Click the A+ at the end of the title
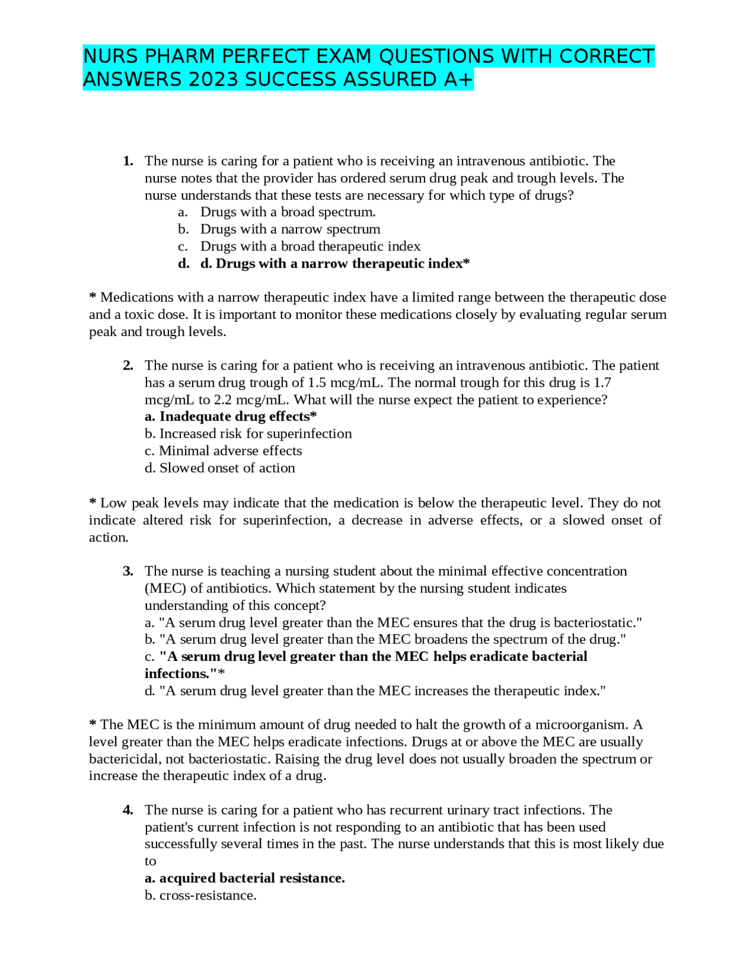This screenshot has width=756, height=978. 459,80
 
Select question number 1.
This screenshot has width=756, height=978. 128,161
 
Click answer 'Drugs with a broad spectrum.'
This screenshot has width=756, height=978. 288,212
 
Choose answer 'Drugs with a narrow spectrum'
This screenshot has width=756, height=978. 290,229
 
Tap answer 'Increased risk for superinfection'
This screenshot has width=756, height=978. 248,433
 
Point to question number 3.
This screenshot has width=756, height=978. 128,571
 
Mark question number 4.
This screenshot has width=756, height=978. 128,810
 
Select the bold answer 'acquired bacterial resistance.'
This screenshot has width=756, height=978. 245,878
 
